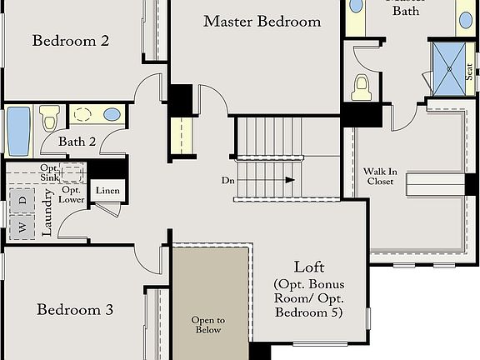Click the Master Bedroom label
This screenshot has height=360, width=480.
[262, 22]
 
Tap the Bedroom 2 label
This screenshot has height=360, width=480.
[70, 40]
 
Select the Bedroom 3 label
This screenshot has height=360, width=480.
[75, 310]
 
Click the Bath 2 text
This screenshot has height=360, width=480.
[77, 142]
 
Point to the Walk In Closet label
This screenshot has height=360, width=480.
[380, 176]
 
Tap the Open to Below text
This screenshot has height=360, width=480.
[208, 324]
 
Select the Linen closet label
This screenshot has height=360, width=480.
[107, 191]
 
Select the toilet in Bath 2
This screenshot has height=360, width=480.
[48, 118]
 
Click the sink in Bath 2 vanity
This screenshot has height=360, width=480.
[110, 114]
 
